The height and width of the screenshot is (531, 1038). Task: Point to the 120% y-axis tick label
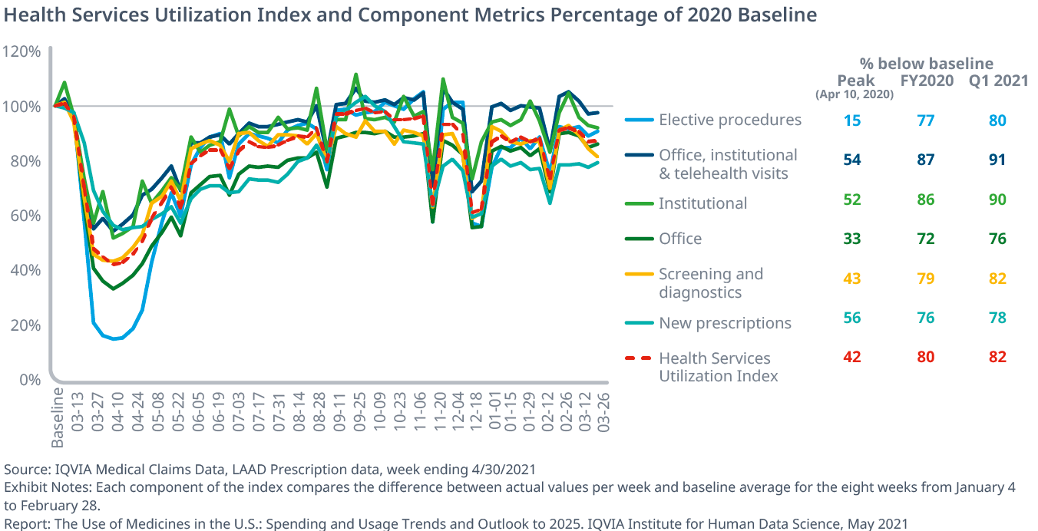pyautogui.click(x=21, y=51)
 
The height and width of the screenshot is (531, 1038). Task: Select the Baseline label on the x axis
pyautogui.click(x=58, y=416)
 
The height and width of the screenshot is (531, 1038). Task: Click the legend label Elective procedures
pyautogui.click(x=730, y=120)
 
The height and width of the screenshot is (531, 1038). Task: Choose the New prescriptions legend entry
pyautogui.click(x=725, y=323)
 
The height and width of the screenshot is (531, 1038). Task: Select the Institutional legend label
pyautogui.click(x=702, y=203)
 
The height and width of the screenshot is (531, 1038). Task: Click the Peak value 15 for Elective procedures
pyautogui.click(x=852, y=120)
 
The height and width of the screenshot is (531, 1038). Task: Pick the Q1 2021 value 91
pyautogui.click(x=997, y=160)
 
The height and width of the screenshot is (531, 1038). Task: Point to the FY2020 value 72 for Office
pyautogui.click(x=926, y=239)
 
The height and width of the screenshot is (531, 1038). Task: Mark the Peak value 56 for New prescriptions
pyautogui.click(x=852, y=318)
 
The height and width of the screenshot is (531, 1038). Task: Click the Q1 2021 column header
pyautogui.click(x=997, y=81)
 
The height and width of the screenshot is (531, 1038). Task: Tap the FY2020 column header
pyautogui.click(x=926, y=81)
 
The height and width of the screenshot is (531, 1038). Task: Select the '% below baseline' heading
pyautogui.click(x=926, y=64)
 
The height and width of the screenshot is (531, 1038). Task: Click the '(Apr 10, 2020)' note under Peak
pyautogui.click(x=855, y=95)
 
